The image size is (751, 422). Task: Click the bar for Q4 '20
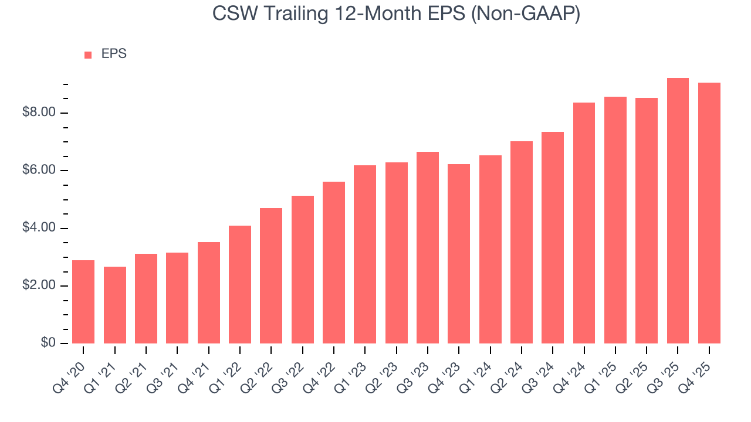(x=83, y=302)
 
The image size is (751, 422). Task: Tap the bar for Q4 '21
(x=209, y=292)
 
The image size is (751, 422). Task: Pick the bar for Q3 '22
(x=303, y=270)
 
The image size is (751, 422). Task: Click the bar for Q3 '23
(x=428, y=247)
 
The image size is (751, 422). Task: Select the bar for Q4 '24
(x=584, y=223)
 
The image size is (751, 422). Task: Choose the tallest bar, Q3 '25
(x=678, y=210)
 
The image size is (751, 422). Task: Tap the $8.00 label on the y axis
(x=39, y=113)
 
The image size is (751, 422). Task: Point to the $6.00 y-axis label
(x=39, y=171)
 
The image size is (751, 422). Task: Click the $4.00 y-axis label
(x=39, y=228)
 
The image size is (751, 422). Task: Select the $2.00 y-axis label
(x=39, y=285)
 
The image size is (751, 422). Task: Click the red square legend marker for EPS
(x=88, y=55)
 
